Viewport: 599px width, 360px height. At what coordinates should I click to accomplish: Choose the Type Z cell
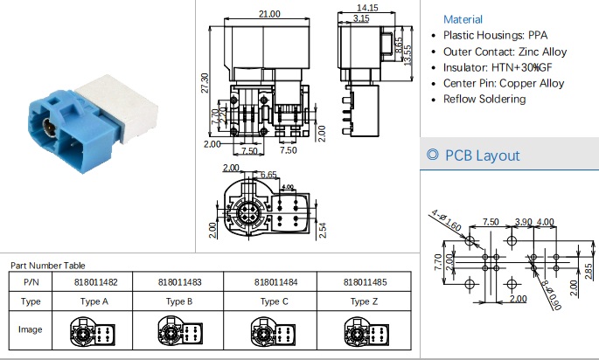[365, 301]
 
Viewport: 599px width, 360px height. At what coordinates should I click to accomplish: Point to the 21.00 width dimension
[268, 14]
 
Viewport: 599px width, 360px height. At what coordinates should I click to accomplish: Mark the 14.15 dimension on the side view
[367, 9]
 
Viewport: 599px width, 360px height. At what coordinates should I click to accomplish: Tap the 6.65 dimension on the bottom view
[268, 176]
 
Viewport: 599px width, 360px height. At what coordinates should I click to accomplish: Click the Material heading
[463, 19]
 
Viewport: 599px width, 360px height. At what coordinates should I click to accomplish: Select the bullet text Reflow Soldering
[484, 100]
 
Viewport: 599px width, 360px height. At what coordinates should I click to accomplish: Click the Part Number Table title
[48, 265]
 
